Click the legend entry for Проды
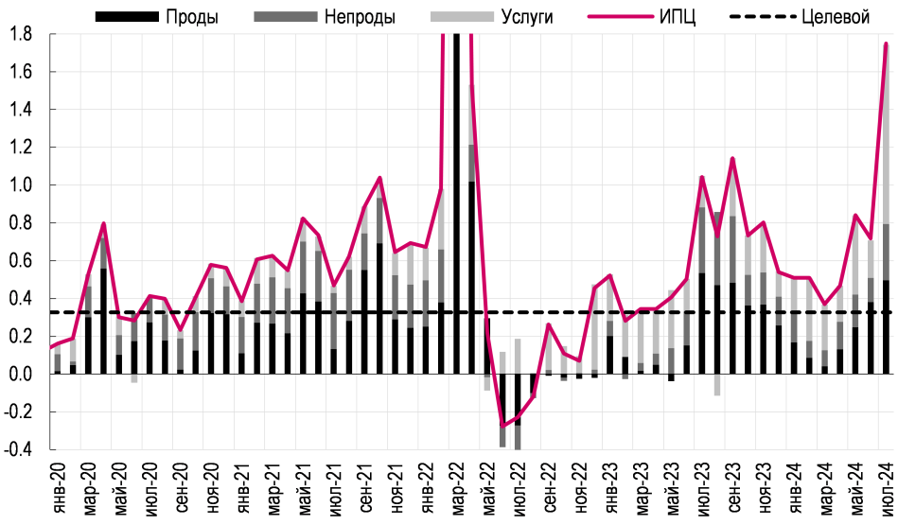(161, 17)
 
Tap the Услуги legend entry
(492, 17)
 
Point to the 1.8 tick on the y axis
(22, 34)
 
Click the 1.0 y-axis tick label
(22, 185)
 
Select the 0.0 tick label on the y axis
(22, 375)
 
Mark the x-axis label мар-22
(456, 488)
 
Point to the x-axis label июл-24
(886, 488)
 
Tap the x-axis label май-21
(303, 488)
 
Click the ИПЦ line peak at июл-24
(886, 44)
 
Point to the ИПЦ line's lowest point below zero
(502, 426)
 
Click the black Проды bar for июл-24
(886, 327)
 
